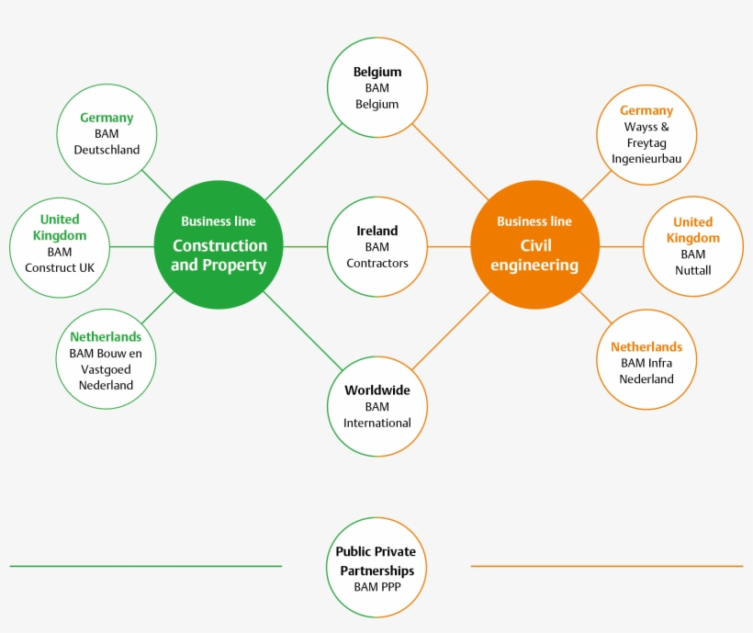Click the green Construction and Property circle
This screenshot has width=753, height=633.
pyautogui.click(x=219, y=245)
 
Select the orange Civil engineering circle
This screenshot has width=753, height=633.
pyautogui.click(x=534, y=245)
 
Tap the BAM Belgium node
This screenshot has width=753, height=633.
pyautogui.click(x=377, y=87)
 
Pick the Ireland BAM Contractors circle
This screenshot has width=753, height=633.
pyautogui.click(x=377, y=246)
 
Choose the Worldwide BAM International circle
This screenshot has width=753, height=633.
pyautogui.click(x=377, y=406)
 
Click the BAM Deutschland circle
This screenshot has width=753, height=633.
pyautogui.click(x=107, y=134)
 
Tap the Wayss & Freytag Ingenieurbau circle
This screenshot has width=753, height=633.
pyautogui.click(x=646, y=134)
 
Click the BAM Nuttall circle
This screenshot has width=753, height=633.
pyautogui.click(x=693, y=246)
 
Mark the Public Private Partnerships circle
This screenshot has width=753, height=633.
pyautogui.click(x=376, y=567)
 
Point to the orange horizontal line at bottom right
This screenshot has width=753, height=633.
pyautogui.click(x=606, y=566)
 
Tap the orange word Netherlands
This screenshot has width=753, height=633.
pyautogui.click(x=646, y=347)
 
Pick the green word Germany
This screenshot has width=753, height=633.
pyautogui.click(x=107, y=118)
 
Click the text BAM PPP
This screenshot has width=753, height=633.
pyautogui.click(x=376, y=586)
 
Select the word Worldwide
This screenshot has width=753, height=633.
pyautogui.click(x=377, y=390)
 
